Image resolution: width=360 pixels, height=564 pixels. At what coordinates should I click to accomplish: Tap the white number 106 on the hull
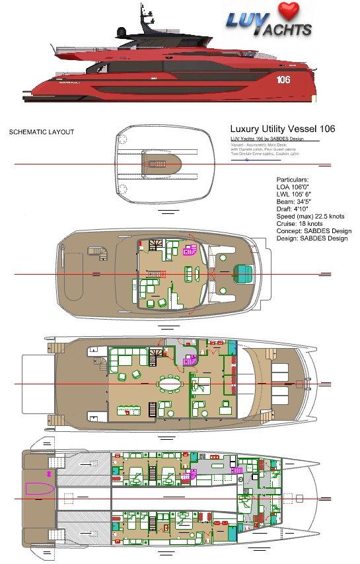click(x=284, y=80)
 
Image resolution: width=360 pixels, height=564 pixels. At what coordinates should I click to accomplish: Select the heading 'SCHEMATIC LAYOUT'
click(x=41, y=132)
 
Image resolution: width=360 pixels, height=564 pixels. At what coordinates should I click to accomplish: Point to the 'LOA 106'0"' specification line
click(x=295, y=188)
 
